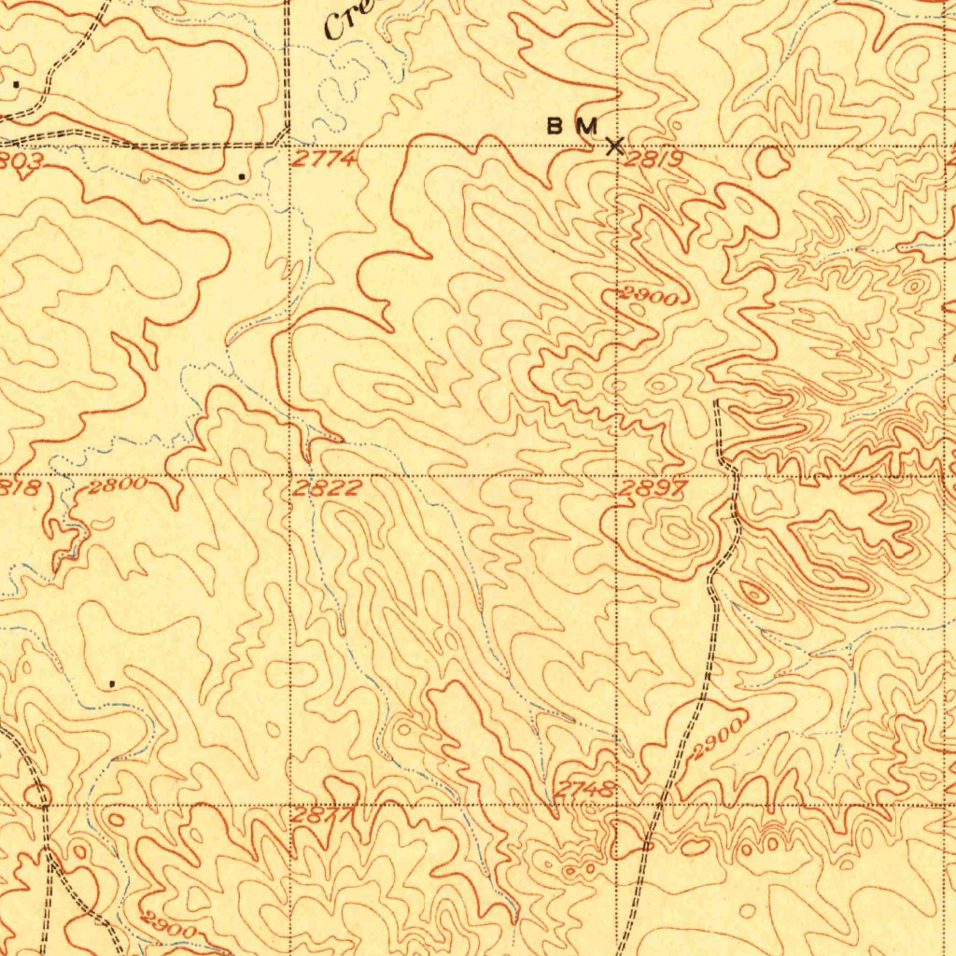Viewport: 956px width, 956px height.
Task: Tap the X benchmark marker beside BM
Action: pyautogui.click(x=614, y=146)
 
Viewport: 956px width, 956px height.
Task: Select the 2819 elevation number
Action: pyautogui.click(x=655, y=161)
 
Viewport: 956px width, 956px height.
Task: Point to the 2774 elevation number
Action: pyautogui.click(x=323, y=160)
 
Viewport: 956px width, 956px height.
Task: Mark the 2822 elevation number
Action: pyautogui.click(x=327, y=489)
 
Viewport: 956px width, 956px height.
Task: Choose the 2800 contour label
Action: pyautogui.click(x=118, y=485)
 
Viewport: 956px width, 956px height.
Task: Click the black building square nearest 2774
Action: pyautogui.click(x=242, y=176)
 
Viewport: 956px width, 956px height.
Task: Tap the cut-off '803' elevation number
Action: pyautogui.click(x=19, y=160)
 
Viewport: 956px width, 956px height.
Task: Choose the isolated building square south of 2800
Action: pyautogui.click(x=112, y=683)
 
